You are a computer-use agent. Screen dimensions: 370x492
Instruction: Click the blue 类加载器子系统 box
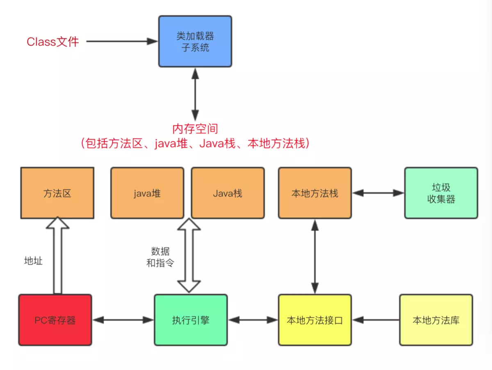[195, 41]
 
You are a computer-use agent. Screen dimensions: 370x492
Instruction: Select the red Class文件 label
[53, 41]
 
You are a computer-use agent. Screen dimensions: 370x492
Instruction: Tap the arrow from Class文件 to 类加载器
[122, 41]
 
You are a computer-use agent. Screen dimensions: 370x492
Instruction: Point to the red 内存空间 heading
[195, 129]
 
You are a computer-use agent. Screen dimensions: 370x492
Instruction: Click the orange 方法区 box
[57, 193]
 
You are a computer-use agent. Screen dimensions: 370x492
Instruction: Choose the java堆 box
[147, 193]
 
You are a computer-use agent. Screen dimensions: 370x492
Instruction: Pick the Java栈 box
[228, 193]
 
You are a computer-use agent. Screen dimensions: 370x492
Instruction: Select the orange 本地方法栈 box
[315, 193]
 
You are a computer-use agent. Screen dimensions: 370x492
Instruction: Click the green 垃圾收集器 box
[441, 193]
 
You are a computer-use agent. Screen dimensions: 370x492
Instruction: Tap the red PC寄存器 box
[55, 320]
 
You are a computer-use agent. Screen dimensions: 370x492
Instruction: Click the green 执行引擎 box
[191, 320]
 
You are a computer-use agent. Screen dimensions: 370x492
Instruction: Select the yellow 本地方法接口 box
[315, 320]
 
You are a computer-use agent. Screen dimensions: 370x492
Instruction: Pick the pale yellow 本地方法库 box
[436, 320]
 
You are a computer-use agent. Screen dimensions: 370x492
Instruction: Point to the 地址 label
[33, 261]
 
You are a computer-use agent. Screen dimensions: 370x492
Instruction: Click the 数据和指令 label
[160, 257]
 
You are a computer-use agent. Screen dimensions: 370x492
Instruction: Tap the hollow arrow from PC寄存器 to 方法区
[58, 256]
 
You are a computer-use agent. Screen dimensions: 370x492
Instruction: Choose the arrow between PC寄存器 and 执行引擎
[123, 320]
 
